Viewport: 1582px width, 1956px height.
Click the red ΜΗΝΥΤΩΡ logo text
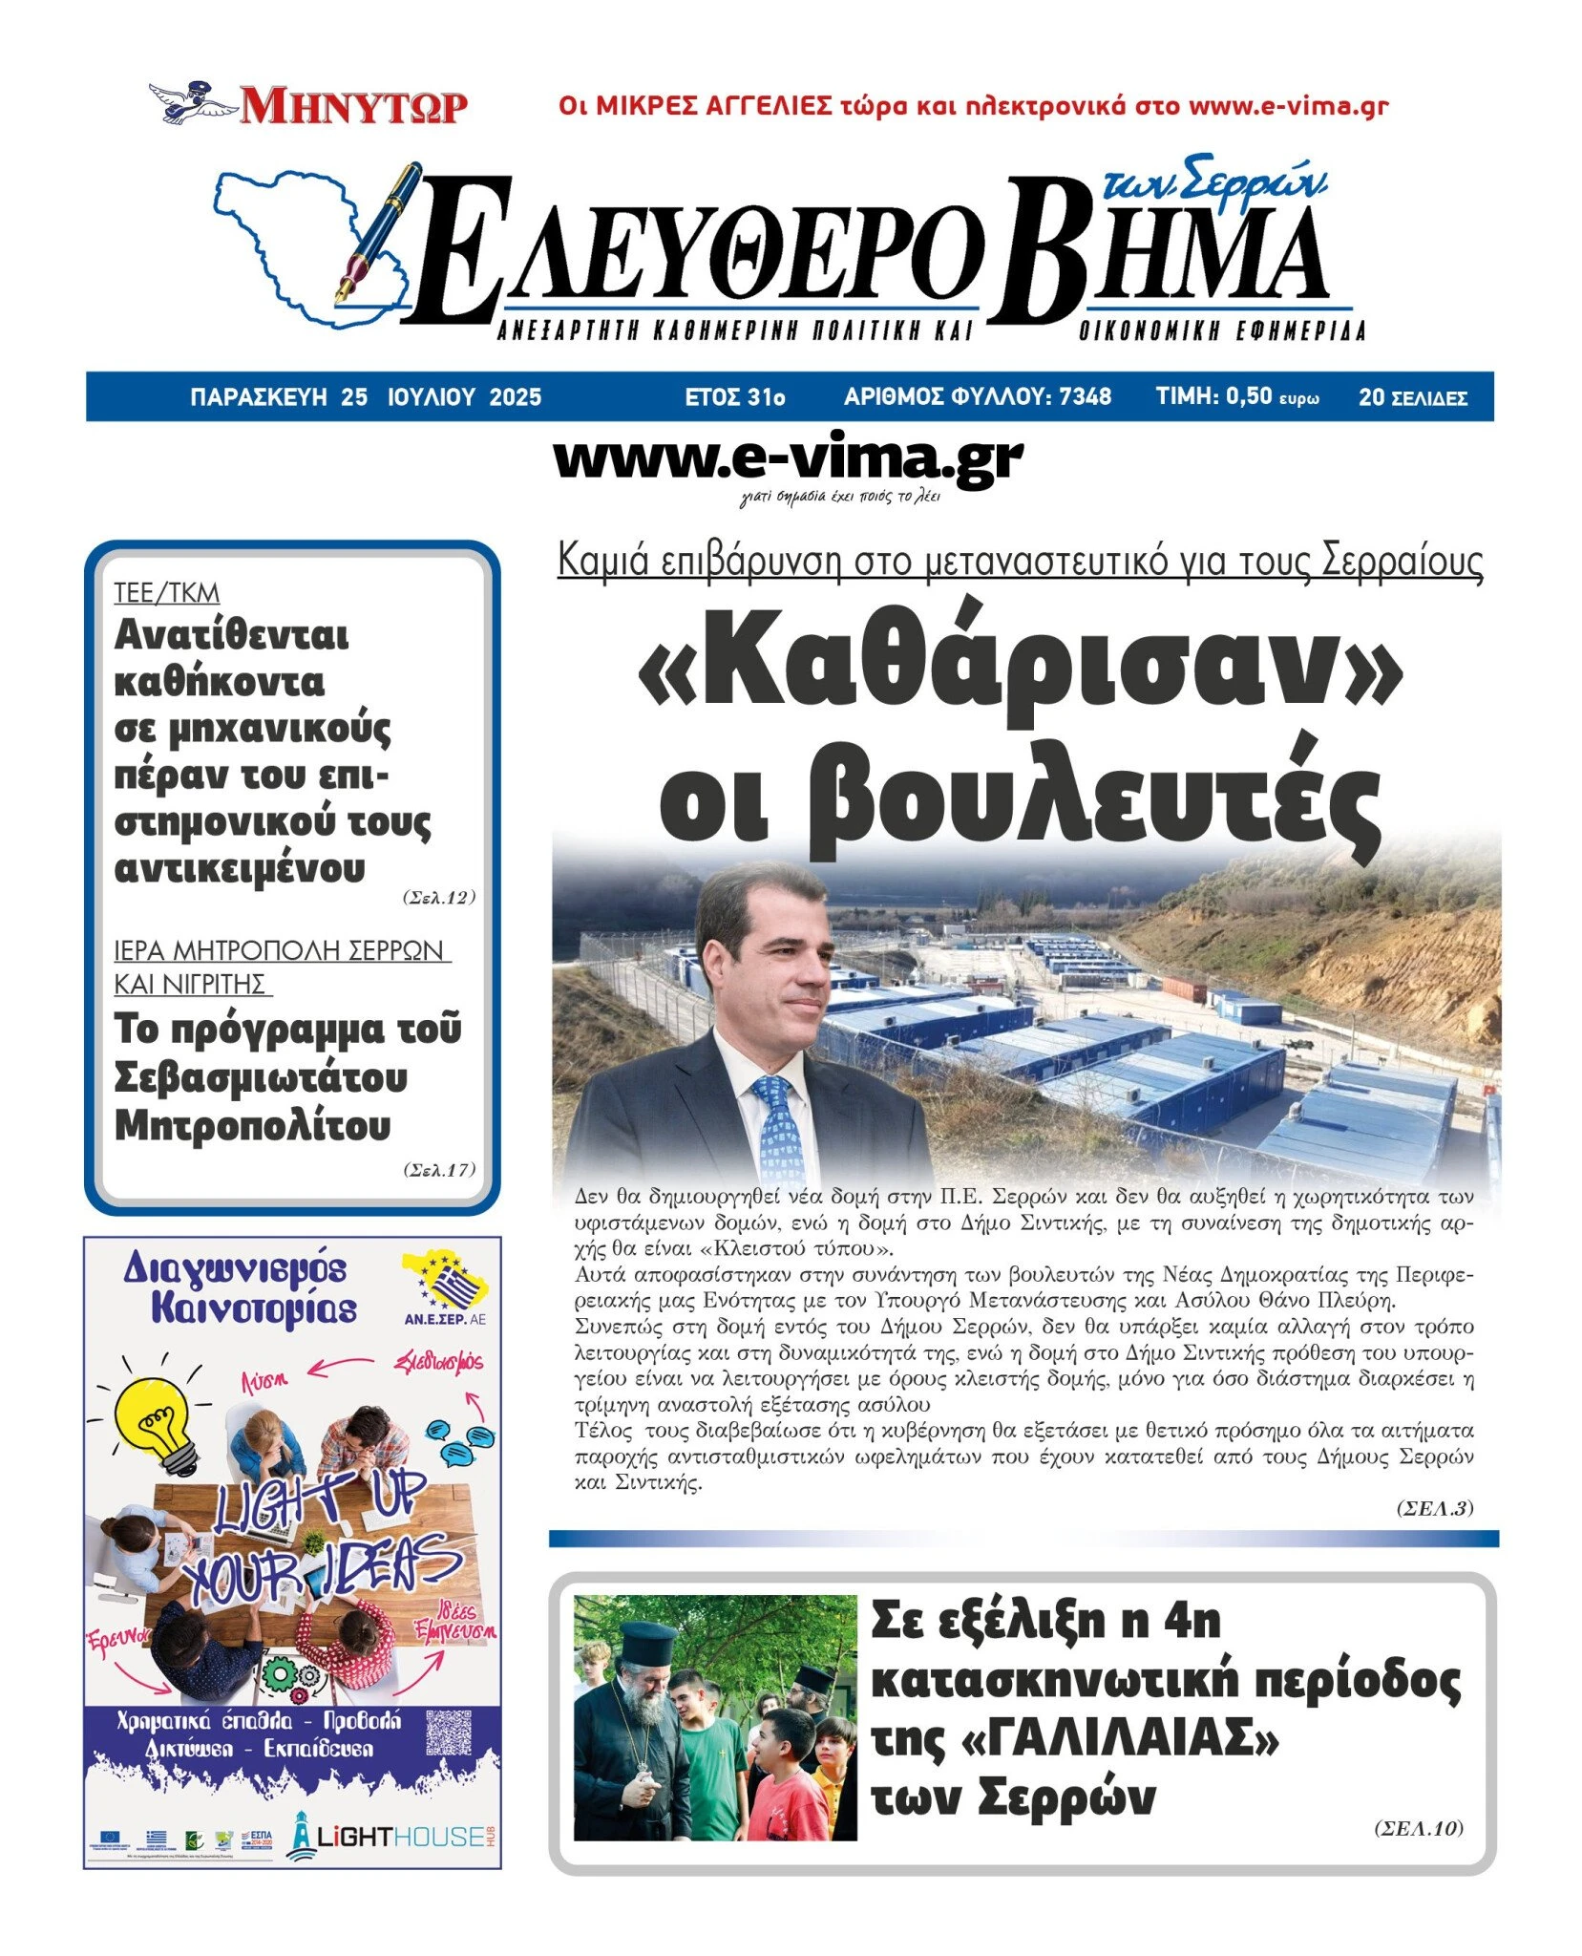pyautogui.click(x=353, y=106)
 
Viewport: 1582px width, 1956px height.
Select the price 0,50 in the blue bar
pyautogui.click(x=1249, y=396)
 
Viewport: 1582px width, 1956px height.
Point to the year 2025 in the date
pyautogui.click(x=515, y=397)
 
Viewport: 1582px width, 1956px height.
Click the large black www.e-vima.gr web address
pyautogui.click(x=788, y=460)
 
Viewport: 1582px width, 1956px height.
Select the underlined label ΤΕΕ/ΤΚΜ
pyautogui.click(x=167, y=593)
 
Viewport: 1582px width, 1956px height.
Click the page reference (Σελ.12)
pyautogui.click(x=438, y=897)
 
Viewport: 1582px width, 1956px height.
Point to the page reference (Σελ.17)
pyautogui.click(x=438, y=1169)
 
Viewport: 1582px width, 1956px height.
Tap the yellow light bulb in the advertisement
pyautogui.click(x=153, y=1419)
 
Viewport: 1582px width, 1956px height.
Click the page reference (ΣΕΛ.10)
pyautogui.click(x=1418, y=1828)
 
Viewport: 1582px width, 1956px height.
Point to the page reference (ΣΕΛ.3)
pyautogui.click(x=1435, y=1508)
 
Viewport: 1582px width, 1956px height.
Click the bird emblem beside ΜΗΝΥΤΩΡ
pyautogui.click(x=191, y=102)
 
